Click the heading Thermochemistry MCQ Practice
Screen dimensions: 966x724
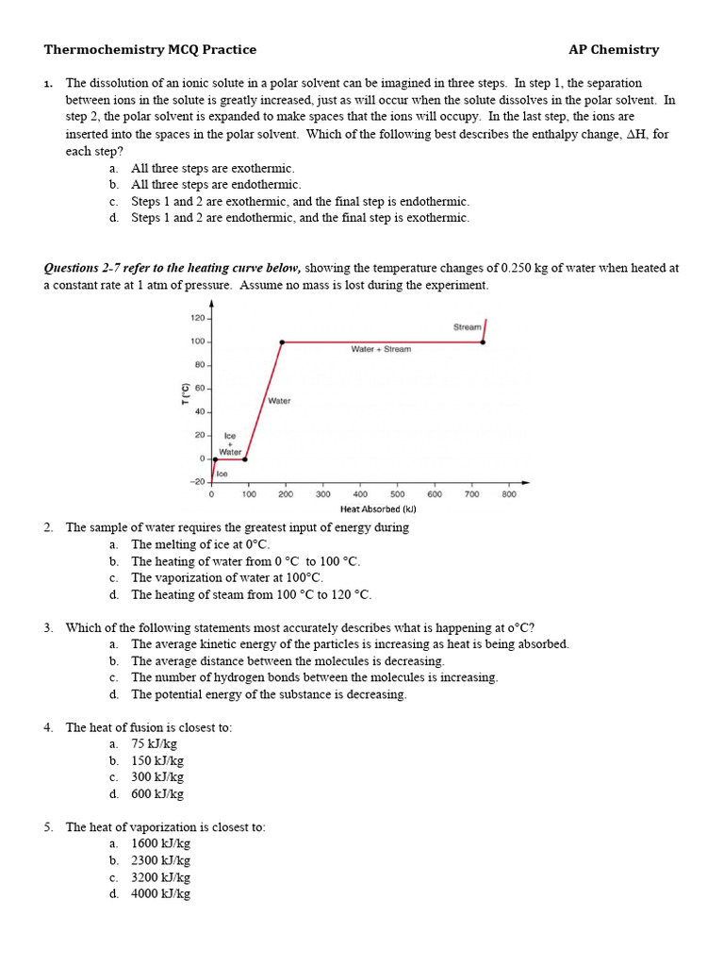pos(150,50)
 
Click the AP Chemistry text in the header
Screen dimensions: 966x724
pos(614,50)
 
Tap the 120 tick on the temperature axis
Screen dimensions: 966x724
pos(198,319)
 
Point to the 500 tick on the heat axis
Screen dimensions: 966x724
pos(397,493)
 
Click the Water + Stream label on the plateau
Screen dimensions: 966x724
pos(381,349)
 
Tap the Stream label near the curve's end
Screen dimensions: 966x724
pos(467,327)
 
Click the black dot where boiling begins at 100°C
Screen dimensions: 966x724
pos(282,342)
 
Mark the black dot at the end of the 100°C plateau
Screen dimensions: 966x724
pos(483,342)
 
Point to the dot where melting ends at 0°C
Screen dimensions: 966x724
pos(245,459)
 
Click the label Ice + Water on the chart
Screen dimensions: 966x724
pos(229,443)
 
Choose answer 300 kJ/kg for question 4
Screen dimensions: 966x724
pos(157,777)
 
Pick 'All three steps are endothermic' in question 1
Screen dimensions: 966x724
pos(216,185)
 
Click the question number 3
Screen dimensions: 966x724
pos(48,627)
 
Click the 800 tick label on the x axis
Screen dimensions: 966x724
pos(509,493)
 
